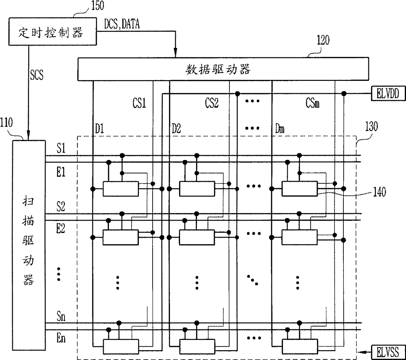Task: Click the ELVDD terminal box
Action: point(388,94)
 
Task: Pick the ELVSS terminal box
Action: point(388,352)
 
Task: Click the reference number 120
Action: point(323,41)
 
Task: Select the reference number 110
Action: point(7,123)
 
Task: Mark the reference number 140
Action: point(379,192)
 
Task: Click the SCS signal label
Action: point(36,75)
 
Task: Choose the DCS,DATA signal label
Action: point(122,24)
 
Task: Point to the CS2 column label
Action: point(212,103)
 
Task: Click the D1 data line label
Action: point(100,129)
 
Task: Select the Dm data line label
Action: point(280,129)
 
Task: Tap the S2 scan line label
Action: point(61,207)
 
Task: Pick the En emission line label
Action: point(61,338)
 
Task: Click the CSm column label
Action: point(312,103)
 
